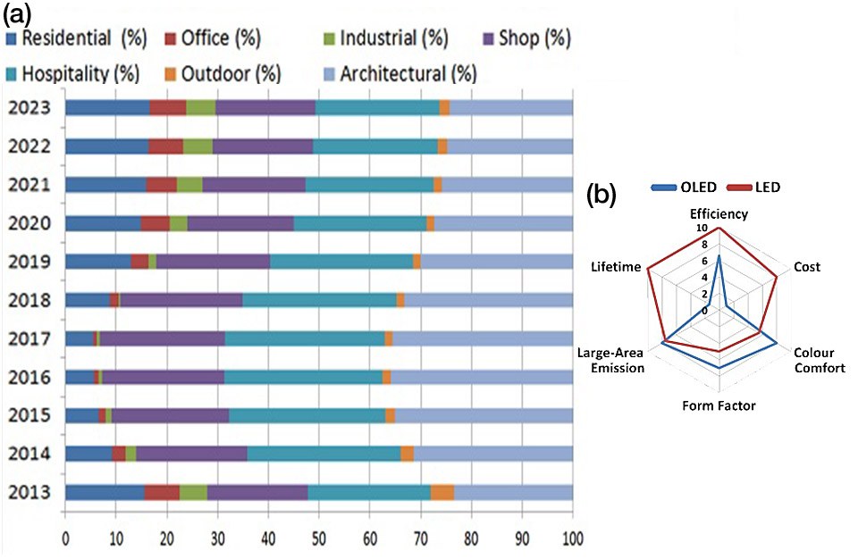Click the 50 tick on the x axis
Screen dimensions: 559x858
[318, 540]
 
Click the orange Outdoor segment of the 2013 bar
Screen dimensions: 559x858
[442, 493]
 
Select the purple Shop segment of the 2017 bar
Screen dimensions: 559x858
[162, 339]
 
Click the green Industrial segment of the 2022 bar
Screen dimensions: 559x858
[198, 147]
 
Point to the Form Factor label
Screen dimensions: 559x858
[719, 406]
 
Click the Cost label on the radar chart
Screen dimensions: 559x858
[806, 267]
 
